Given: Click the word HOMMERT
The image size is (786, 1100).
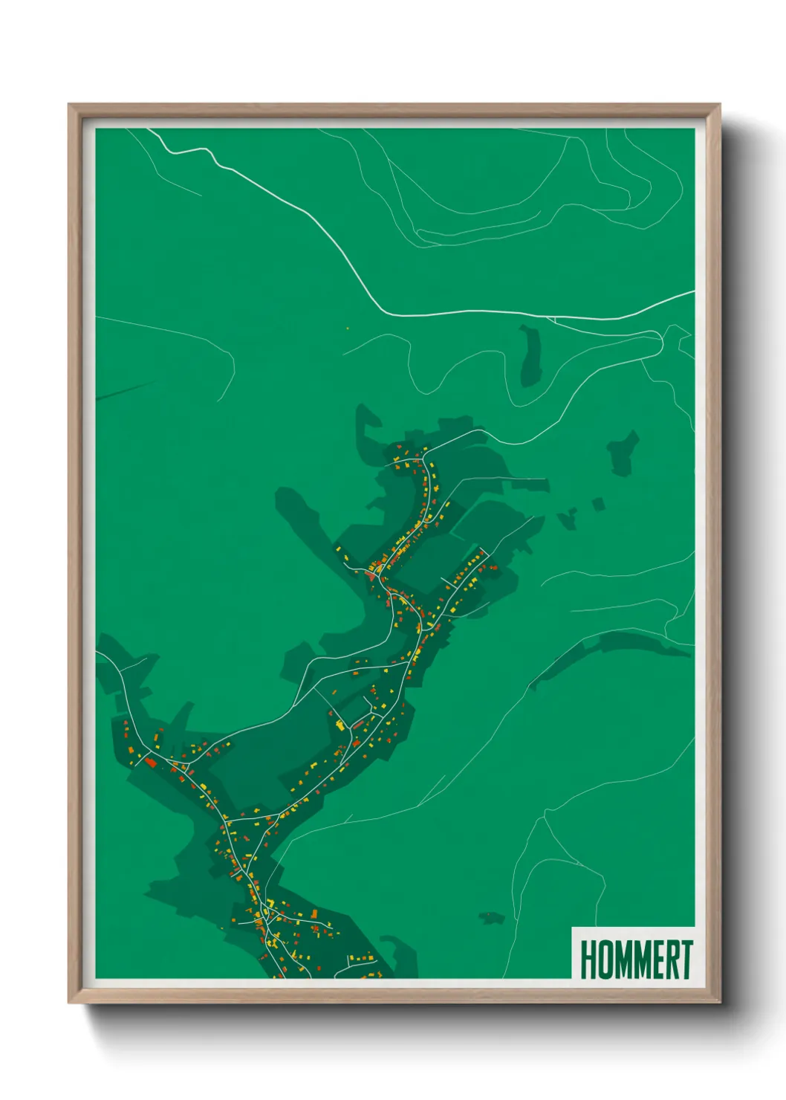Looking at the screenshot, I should coord(636,960).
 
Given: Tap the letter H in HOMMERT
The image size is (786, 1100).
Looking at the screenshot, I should coord(588,960).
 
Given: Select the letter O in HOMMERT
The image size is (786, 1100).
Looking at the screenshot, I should coord(604,960).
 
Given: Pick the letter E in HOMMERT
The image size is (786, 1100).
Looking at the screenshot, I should coord(657,960).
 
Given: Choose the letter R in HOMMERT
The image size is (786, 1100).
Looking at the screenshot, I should coord(672,960).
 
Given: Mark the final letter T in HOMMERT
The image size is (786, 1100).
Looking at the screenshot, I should coord(686,960).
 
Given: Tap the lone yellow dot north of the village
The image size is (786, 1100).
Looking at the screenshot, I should coord(348,327).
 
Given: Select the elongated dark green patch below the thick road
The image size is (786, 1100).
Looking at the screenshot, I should coord(530,355).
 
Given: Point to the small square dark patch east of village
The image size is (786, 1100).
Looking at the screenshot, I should coord(598,505).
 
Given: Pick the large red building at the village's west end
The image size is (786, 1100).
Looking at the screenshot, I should coord(150,762).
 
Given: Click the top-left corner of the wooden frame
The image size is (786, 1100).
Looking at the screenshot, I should coord(69,105).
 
